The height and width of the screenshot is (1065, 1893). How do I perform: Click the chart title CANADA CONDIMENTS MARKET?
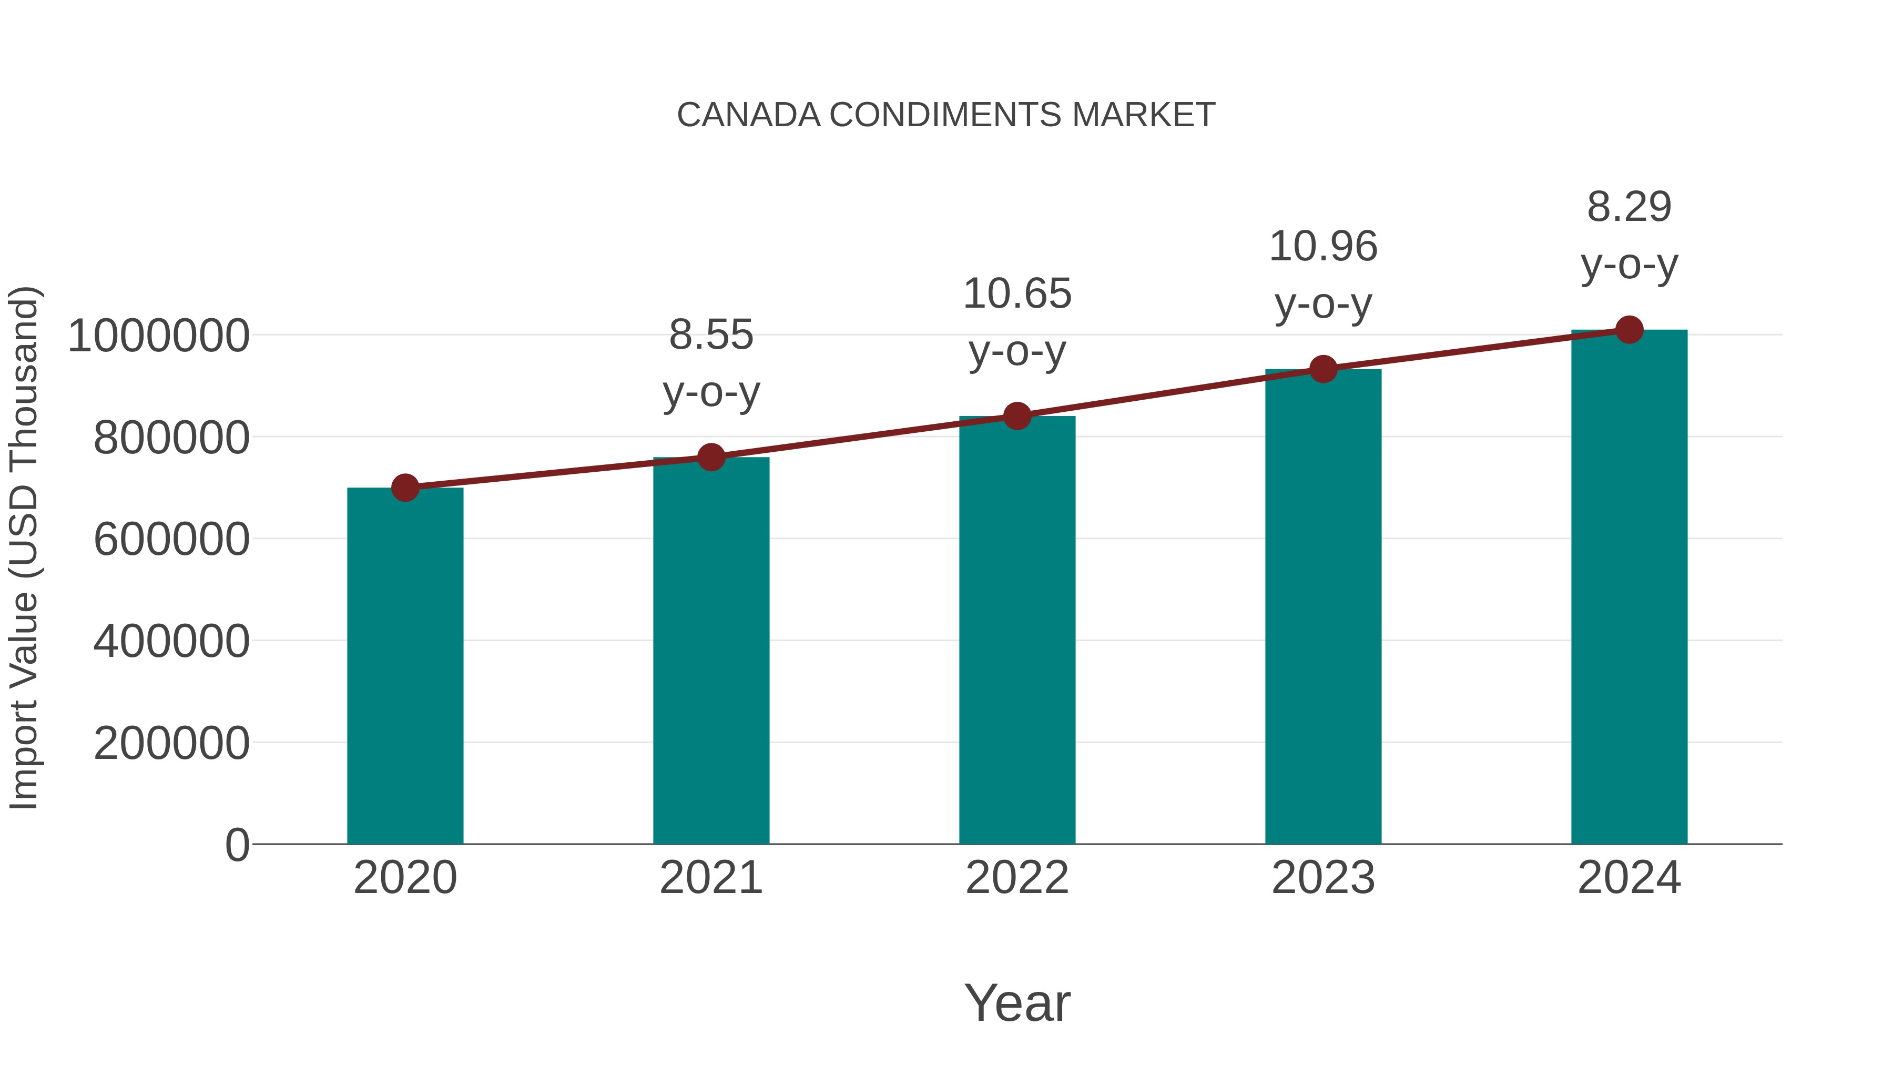946,115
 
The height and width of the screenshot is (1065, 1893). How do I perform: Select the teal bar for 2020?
405,665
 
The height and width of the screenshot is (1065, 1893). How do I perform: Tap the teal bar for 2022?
1017,630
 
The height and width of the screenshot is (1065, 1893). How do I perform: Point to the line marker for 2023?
1323,369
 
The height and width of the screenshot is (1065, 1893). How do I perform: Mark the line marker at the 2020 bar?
405,488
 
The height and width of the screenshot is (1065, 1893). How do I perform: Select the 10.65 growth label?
1017,322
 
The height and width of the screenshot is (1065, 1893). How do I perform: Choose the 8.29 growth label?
1629,235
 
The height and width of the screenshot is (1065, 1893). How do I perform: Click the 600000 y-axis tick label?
171,540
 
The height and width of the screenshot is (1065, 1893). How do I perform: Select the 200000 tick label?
171,743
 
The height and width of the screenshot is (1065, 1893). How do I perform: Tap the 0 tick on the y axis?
237,845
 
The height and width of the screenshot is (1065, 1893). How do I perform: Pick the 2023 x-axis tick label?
1323,878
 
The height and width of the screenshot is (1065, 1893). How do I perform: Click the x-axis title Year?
1017,1002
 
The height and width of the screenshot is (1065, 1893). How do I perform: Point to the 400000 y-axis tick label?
171,641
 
